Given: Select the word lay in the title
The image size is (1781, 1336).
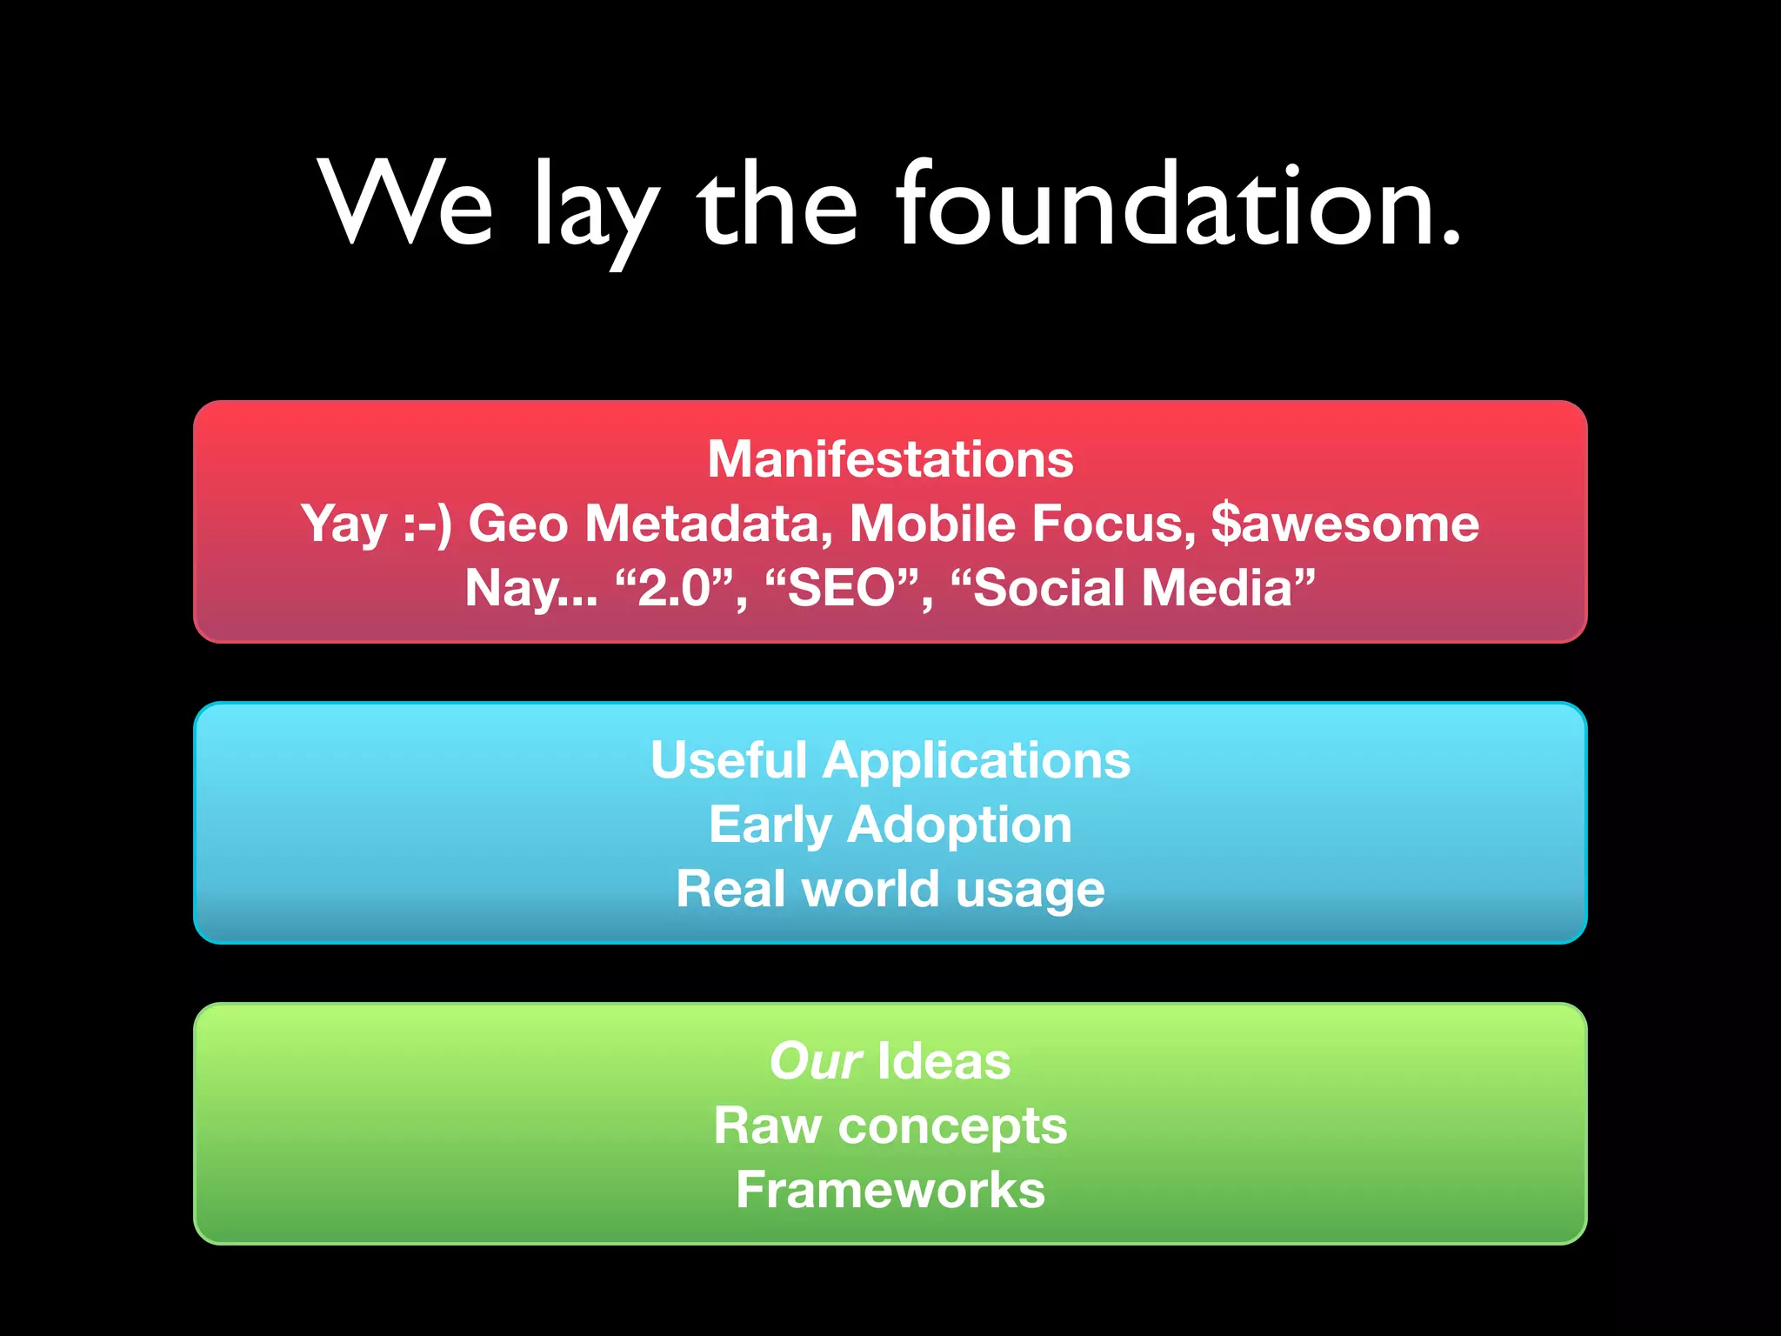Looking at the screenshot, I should (x=595, y=213).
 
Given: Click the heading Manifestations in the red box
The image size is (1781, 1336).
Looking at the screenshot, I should (x=890, y=459).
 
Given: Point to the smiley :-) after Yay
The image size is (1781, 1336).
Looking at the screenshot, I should (x=427, y=524).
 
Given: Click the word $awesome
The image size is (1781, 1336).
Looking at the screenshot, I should (x=1344, y=524).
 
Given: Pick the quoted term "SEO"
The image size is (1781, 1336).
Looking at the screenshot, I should (x=841, y=588).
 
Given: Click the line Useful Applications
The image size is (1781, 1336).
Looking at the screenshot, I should (x=890, y=760).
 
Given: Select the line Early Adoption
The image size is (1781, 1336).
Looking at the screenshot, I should (x=890, y=825).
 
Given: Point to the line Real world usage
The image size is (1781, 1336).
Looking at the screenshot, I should (x=890, y=889).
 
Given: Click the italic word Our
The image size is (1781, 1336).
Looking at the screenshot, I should (x=815, y=1061).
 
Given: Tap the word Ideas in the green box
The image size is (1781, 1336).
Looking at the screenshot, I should (x=944, y=1061).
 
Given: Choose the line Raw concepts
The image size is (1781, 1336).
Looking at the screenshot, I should (x=890, y=1126).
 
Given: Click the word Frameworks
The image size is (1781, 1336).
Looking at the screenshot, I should (x=890, y=1190).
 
